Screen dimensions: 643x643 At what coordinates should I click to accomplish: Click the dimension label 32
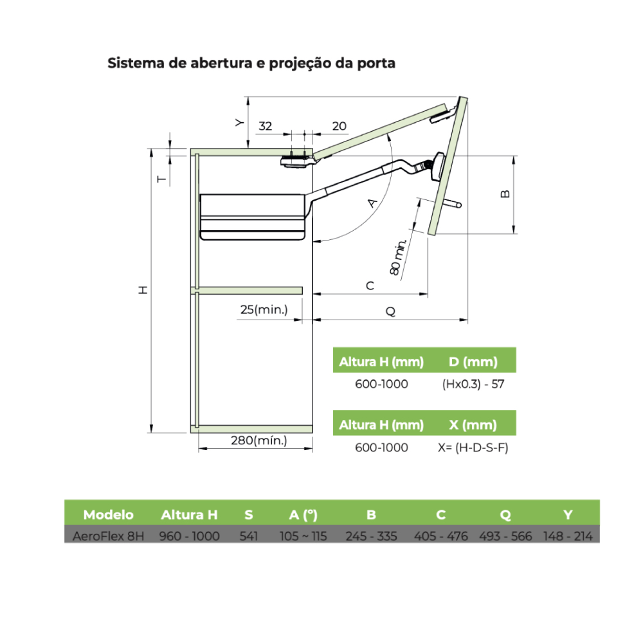[265, 126]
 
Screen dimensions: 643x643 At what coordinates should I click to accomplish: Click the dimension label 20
[339, 126]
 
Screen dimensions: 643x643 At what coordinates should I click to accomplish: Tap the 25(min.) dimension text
[264, 310]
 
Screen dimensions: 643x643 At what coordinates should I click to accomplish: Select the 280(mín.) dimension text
[258, 440]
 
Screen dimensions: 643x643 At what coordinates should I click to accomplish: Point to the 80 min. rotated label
[398, 257]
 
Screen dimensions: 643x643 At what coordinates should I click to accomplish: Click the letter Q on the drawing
[391, 311]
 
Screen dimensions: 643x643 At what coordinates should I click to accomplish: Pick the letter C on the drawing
[370, 286]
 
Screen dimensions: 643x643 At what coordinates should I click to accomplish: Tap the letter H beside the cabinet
[143, 290]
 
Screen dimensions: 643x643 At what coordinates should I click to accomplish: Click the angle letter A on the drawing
[372, 203]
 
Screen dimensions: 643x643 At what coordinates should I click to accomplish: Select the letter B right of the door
[505, 194]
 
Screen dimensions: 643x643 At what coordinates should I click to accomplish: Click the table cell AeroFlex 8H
[108, 536]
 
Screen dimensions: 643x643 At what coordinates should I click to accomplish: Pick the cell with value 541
[248, 536]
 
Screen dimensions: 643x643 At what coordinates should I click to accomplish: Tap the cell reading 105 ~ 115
[303, 536]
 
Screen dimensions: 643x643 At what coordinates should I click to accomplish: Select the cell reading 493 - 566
[505, 536]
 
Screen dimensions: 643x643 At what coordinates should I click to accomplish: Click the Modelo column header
[108, 514]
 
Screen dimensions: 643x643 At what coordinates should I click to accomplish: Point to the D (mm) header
[473, 361]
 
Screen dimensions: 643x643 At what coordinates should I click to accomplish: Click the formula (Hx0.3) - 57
[473, 385]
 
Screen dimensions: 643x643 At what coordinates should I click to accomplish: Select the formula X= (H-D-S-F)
[473, 448]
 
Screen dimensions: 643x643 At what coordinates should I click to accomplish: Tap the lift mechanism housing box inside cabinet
[253, 217]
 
